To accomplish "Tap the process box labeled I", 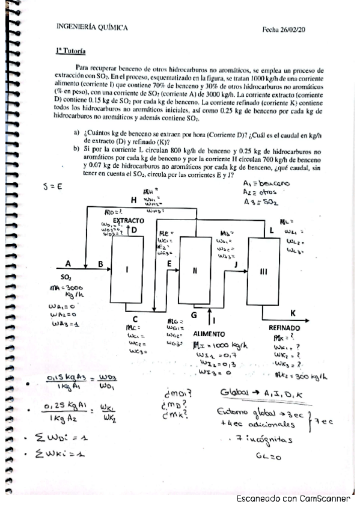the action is (x=127, y=269).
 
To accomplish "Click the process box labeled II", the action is (x=195, y=270).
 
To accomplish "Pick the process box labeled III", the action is (x=263, y=271).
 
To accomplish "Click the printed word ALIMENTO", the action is (x=209, y=333).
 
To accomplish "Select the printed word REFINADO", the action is (x=284, y=328).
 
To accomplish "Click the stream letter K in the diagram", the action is (x=293, y=313).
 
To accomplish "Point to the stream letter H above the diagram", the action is (x=133, y=199).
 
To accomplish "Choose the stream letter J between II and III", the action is (x=236, y=263).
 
